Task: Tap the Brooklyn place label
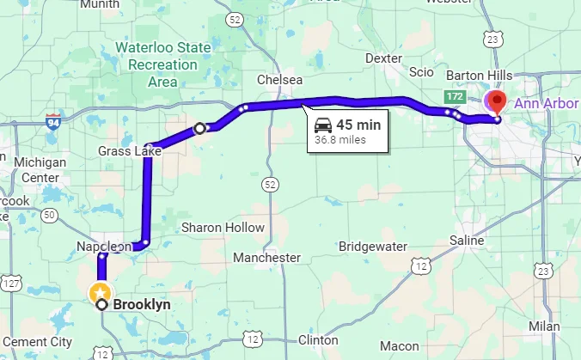(x=143, y=304)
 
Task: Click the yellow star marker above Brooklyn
(x=101, y=290)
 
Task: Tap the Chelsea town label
(x=280, y=80)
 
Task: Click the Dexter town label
(x=383, y=58)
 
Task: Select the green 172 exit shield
(x=455, y=95)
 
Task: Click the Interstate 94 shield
(x=53, y=121)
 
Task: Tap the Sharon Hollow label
(x=223, y=228)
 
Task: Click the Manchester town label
(x=266, y=257)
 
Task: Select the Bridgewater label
(x=373, y=246)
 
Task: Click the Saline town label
(x=467, y=241)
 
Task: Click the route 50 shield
(x=49, y=215)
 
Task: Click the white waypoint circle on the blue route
(x=200, y=128)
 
